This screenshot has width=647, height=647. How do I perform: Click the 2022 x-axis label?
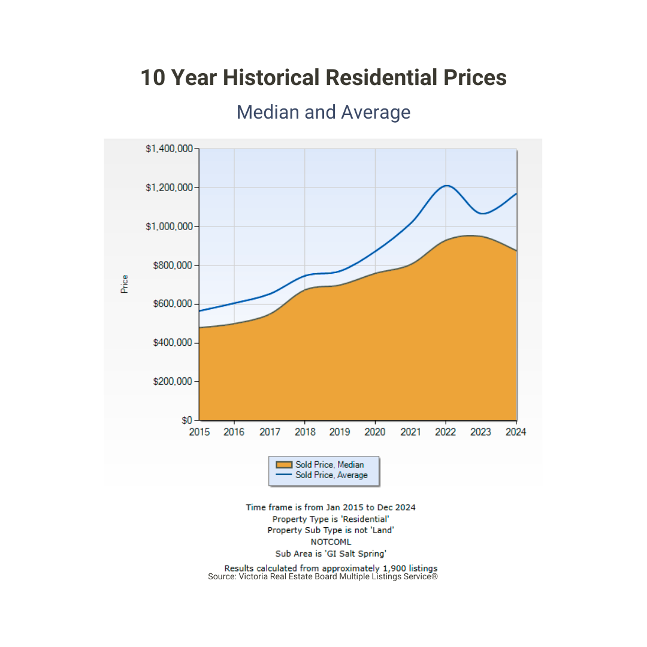pyautogui.click(x=445, y=432)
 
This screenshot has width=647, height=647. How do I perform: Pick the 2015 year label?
pyautogui.click(x=199, y=432)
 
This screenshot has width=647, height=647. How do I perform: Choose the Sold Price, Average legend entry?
pyautogui.click(x=331, y=475)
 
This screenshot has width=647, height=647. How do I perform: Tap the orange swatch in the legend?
pyautogui.click(x=284, y=464)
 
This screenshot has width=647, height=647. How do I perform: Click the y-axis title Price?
pyautogui.click(x=125, y=283)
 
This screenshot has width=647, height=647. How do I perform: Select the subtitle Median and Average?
pyautogui.click(x=323, y=112)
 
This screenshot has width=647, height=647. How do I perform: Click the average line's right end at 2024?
pyautogui.click(x=516, y=194)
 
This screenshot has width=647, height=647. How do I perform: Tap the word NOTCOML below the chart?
pyautogui.click(x=331, y=542)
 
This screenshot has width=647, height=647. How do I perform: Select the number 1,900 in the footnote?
pyautogui.click(x=394, y=568)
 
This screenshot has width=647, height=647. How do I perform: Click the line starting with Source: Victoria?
pyautogui.click(x=323, y=576)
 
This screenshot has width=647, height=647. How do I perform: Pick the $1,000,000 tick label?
pyautogui.click(x=169, y=226)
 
